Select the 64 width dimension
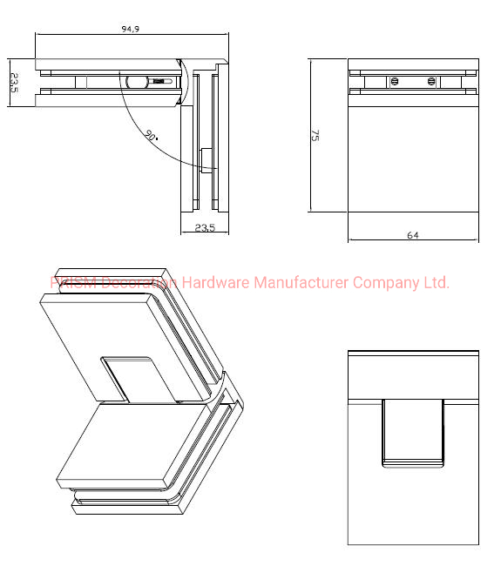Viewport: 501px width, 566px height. tap(412, 235)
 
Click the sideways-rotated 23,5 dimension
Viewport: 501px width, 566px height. tap(15, 84)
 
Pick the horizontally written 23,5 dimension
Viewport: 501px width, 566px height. tap(205, 227)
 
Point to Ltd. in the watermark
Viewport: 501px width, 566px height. tap(436, 283)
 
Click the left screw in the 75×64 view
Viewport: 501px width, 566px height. tap(394, 81)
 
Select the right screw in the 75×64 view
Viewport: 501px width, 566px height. tap(432, 81)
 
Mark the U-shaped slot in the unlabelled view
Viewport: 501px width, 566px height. tap(412, 429)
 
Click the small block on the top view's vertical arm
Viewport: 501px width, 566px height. tap(207, 160)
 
